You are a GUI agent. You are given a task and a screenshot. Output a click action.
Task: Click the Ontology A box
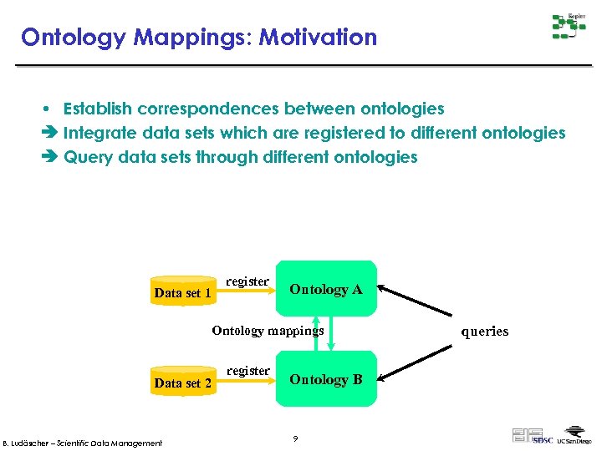pos(327,289)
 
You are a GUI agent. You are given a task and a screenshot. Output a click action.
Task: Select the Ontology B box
pos(327,379)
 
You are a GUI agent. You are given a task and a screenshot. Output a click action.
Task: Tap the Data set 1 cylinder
pos(183,291)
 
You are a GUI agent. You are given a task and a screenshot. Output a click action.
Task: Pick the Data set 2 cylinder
pos(183,382)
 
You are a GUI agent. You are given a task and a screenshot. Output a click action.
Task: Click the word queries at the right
pos(485,332)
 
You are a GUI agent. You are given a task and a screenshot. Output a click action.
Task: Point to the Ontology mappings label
pos(268,331)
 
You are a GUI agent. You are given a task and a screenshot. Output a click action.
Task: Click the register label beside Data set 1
pos(247,281)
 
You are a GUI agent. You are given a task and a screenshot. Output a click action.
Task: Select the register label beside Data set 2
pos(247,371)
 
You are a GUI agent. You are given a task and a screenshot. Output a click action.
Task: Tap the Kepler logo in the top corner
pos(568,26)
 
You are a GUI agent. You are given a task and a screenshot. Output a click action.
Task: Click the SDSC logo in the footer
pos(543,439)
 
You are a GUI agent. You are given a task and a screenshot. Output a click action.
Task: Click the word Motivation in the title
pos(318,38)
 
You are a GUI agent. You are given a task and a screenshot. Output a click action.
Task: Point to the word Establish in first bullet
pos(97,109)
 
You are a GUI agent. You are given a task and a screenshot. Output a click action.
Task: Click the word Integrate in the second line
pos(99,133)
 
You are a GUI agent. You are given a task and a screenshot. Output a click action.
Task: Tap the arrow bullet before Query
pos(51,157)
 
